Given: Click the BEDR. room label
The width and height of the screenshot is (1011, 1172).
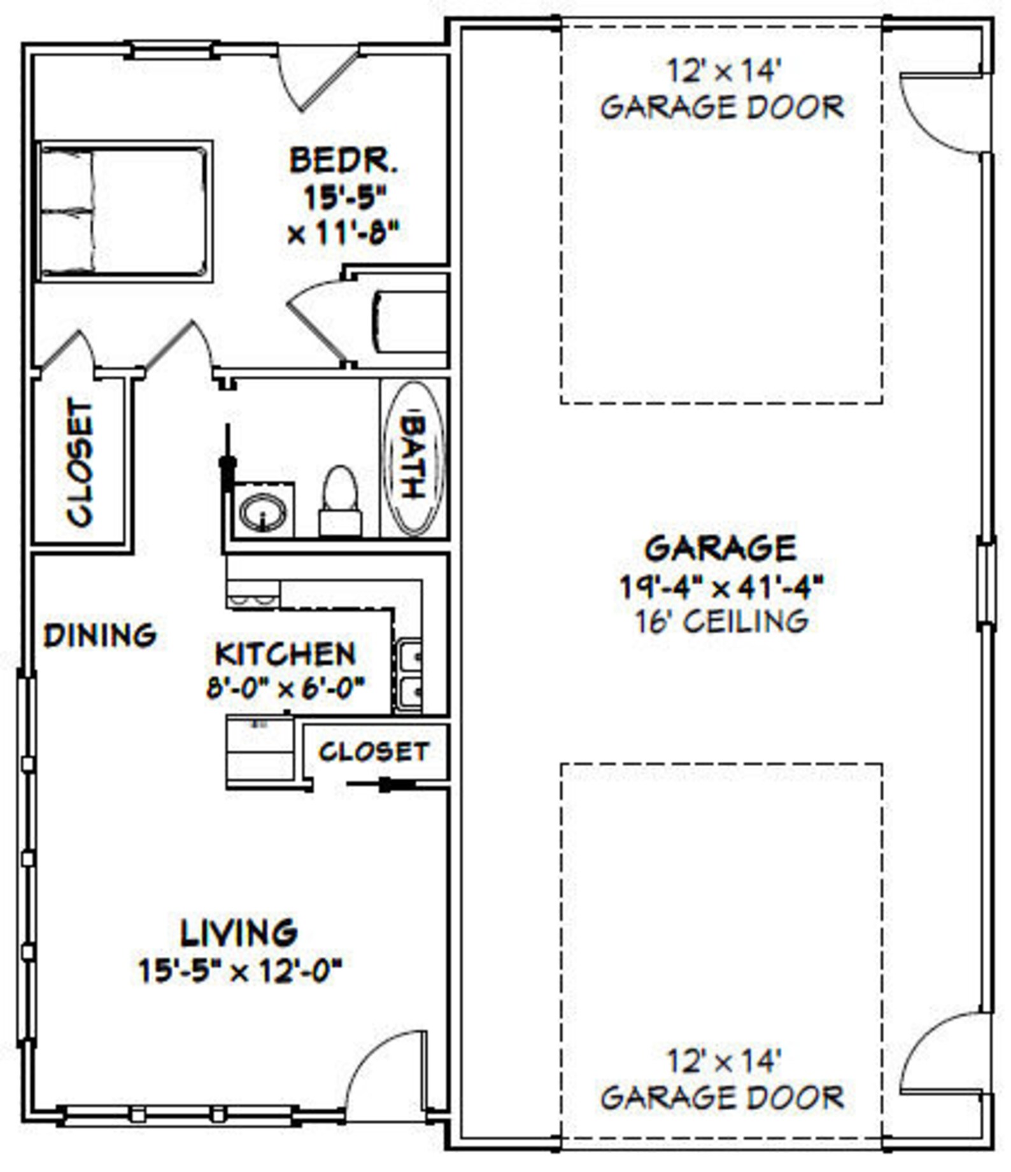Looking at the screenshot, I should tap(344, 161).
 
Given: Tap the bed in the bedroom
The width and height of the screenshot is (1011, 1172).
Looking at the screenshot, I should tap(124, 211).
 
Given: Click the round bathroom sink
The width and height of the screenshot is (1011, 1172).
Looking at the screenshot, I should tap(263, 510).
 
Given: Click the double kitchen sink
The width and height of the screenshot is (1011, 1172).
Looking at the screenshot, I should tap(409, 676).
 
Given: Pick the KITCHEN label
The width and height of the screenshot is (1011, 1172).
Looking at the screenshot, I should tap(285, 654).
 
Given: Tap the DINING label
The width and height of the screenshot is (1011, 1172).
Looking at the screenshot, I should tap(101, 636).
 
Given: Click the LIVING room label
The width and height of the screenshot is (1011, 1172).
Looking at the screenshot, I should tap(239, 933).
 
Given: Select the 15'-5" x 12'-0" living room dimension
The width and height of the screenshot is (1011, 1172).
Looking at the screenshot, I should tap(241, 972).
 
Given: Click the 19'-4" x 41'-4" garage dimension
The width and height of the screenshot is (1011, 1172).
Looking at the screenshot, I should tap(721, 587).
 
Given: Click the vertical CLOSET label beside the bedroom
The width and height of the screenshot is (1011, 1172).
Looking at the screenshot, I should tap(80, 463).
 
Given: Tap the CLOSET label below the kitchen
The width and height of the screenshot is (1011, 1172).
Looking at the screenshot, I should tap(374, 752).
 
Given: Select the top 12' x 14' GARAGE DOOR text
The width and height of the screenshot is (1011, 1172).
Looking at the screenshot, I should tap(722, 89).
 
